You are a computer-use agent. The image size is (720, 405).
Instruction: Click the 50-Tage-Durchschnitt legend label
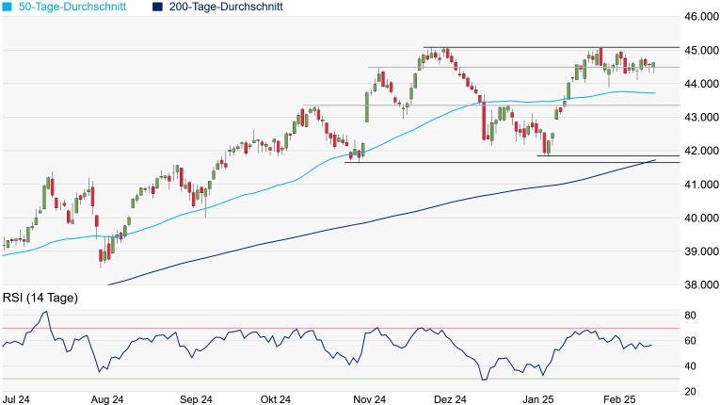72,8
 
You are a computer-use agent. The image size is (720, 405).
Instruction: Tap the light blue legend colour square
7,8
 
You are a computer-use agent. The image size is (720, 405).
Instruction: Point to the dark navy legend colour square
157,8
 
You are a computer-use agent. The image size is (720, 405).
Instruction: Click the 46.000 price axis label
700,17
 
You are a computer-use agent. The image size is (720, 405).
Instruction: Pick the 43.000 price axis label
700,117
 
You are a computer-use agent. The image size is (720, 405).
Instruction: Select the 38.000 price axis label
700,284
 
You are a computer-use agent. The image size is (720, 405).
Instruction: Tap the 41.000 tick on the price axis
700,184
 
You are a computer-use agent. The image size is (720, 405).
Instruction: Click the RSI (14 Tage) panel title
40,298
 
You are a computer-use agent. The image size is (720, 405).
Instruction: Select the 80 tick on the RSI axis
690,315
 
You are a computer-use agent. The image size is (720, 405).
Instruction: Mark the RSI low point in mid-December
484,380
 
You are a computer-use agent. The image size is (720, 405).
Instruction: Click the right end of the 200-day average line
655,160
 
